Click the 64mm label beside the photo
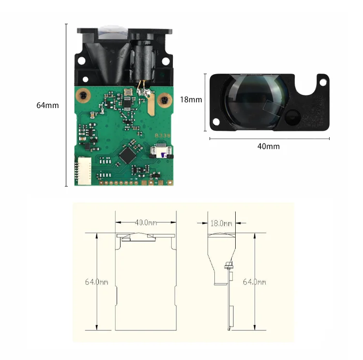click(47, 105)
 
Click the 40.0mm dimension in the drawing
click(146, 223)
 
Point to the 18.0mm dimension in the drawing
click(221, 223)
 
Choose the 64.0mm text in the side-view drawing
click(254, 282)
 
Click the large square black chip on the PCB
click(128, 154)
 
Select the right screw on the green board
click(166, 100)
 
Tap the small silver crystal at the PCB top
click(128, 92)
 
